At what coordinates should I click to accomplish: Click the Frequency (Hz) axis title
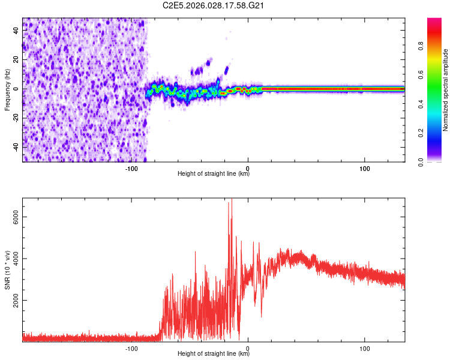8,90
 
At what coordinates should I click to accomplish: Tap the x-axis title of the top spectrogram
214,175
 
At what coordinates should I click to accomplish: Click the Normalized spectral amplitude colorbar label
446,90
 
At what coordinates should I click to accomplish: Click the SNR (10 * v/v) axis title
8,270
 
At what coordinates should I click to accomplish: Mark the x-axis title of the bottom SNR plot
214,354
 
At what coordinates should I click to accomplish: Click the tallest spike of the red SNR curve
231,200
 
